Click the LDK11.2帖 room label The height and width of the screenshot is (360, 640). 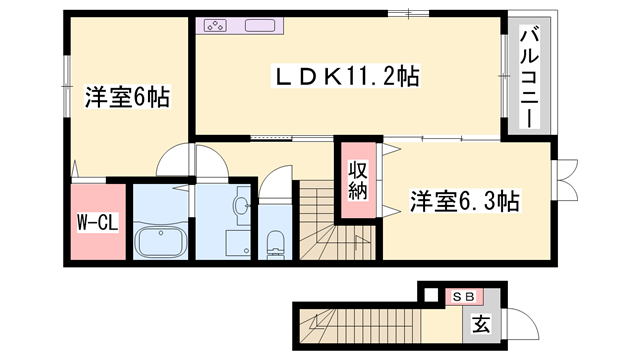coord(347,74)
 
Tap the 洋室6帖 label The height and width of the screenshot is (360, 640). coord(126,98)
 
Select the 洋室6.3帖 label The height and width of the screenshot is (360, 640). coord(464,201)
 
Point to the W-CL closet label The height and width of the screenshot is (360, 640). coord(97,222)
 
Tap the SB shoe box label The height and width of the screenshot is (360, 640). coord(463,296)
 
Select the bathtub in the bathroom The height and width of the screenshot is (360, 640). coord(161,241)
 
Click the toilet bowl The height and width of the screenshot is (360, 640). coord(275,243)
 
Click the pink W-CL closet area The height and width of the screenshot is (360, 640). coord(97,220)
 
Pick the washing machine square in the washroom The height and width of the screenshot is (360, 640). coord(236,243)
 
